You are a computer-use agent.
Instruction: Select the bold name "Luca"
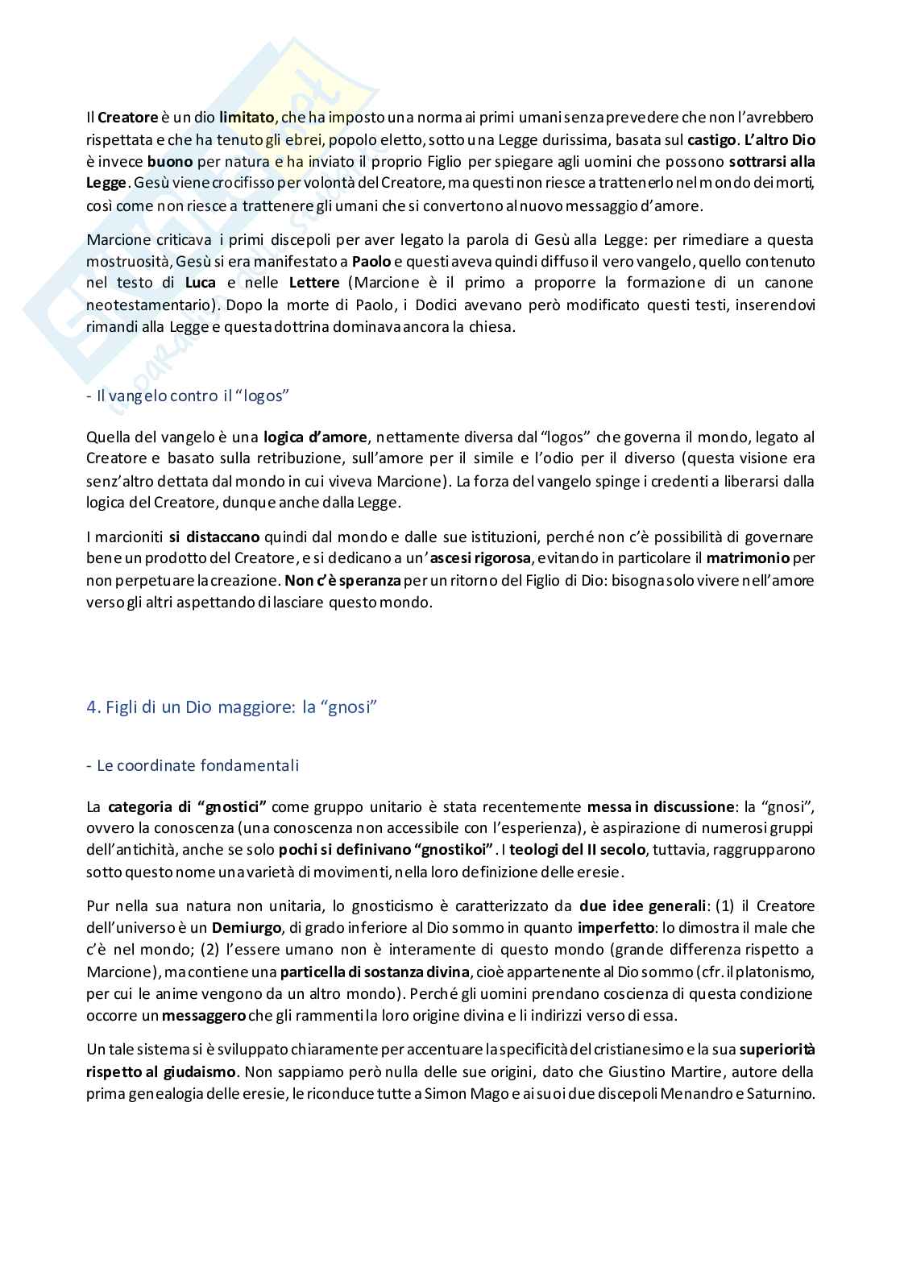(201, 283)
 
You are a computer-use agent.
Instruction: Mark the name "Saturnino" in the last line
(777, 1094)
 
